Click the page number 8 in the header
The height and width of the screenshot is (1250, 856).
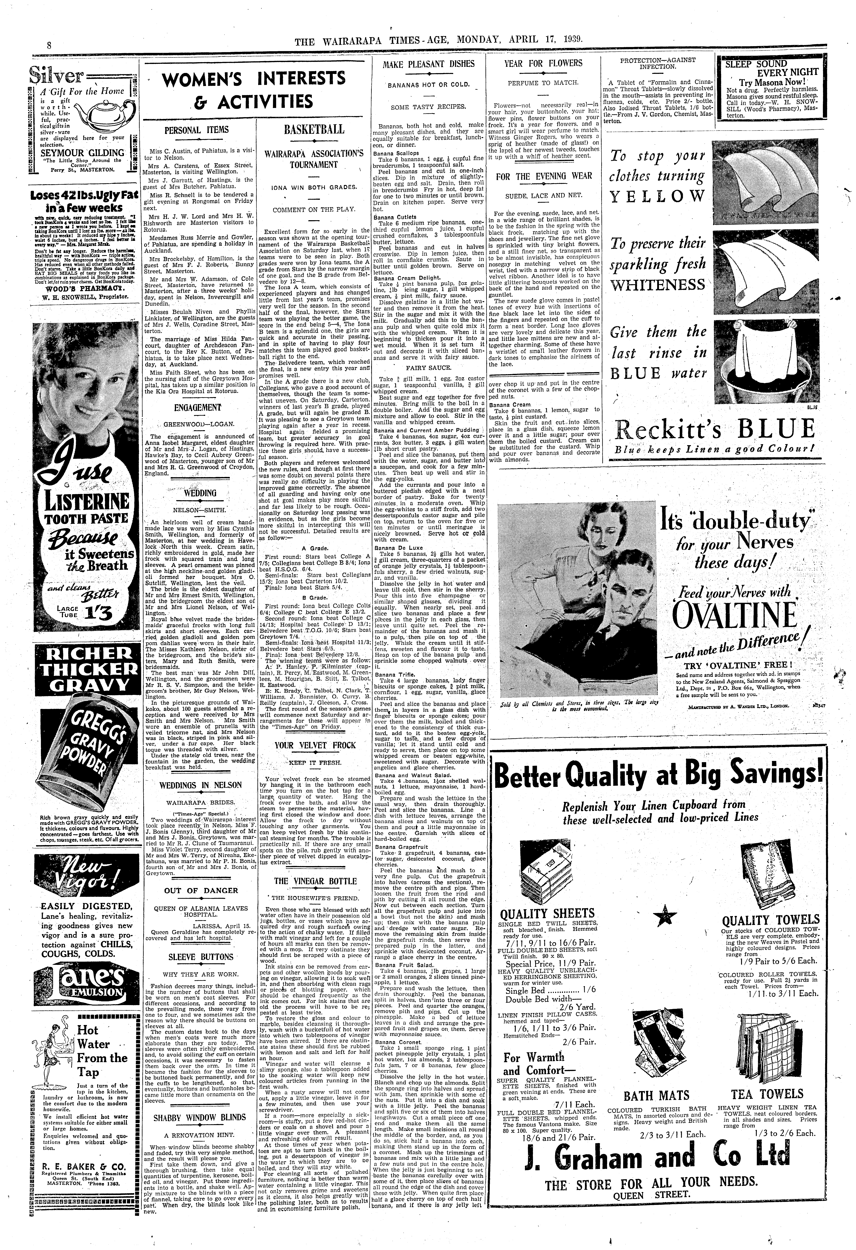point(48,46)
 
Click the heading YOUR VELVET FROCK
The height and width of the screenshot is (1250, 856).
point(315,745)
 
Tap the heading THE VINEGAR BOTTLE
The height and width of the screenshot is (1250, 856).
point(315,881)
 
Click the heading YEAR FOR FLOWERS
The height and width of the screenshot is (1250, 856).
point(542,64)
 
